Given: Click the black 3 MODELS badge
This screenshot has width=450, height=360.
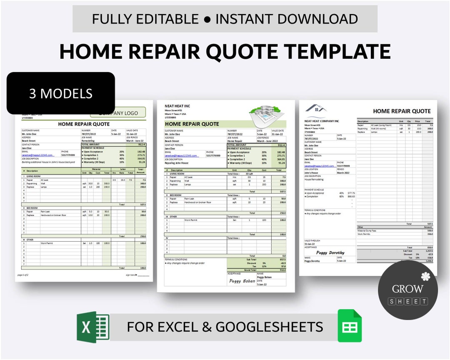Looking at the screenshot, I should coord(61,93).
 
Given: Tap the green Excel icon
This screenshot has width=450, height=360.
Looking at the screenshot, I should coord(92,327).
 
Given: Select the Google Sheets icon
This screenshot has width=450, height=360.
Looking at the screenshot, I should coord(350,326).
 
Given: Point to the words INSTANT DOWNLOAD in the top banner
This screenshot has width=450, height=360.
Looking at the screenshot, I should coord(287,19).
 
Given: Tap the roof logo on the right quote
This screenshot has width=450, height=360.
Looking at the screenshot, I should coord(315,109).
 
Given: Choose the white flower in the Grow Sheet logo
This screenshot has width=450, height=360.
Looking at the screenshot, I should coord(425,276).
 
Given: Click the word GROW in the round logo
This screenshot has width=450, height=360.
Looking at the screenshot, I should coord(407,289).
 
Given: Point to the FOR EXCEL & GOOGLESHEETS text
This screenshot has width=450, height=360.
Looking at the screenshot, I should coord(225,327).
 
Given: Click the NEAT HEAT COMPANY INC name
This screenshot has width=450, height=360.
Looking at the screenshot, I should coord(321,121).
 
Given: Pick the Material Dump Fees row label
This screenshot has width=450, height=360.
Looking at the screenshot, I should coord(366,230).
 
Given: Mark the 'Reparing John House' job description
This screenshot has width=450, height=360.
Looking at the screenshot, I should coord(176,163).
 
